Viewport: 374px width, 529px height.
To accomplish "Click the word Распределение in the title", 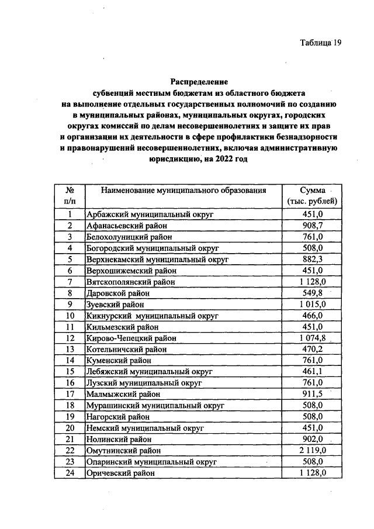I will pos(199,82).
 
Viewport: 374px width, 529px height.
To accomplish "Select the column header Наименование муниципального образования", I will pos(183,191).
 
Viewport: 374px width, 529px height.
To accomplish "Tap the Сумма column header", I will pos(313,191).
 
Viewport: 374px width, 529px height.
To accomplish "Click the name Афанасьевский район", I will pos(127,226).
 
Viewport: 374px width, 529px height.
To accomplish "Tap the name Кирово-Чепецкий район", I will pos(131,338).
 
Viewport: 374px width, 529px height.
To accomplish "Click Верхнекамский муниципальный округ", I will pos(157,260).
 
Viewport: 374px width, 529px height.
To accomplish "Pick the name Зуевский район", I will pos(115,305).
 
